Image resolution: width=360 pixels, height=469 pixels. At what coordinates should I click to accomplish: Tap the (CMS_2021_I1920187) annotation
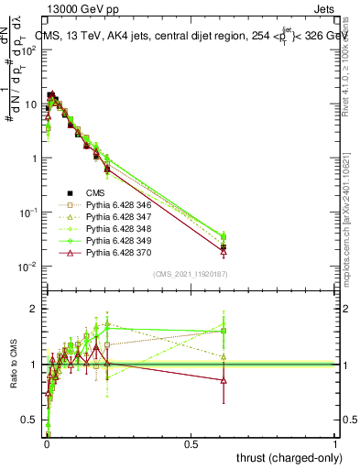pyautogui.click(x=191, y=274)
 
